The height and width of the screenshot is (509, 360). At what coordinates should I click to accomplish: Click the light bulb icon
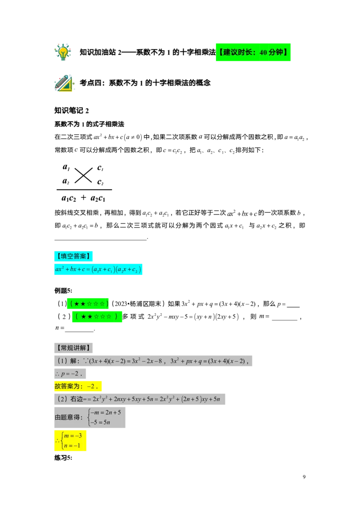pos(63,52)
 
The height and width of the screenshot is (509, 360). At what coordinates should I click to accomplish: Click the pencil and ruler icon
pos(64,83)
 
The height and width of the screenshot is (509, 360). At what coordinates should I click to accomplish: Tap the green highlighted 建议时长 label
pos(253,52)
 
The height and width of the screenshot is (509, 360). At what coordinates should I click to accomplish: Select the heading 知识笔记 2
pos(72,111)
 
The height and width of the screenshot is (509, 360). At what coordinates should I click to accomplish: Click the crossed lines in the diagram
pos(83,175)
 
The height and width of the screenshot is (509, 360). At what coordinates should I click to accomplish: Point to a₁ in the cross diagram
pos(66,167)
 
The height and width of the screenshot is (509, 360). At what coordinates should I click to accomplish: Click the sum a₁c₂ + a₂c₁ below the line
pos(84,198)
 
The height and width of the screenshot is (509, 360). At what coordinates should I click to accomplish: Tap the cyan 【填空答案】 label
pos(73,256)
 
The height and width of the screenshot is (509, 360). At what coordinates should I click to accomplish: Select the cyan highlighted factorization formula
pos(98,269)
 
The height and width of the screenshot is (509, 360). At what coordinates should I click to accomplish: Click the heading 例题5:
pos(63,290)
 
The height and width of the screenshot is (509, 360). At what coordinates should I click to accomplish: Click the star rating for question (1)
pos(88,304)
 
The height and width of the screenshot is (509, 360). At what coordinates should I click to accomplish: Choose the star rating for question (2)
pos(97,317)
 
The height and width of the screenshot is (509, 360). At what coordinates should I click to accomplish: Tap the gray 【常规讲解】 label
pos(73,348)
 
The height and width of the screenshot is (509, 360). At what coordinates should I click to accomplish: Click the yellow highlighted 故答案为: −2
pos(78,386)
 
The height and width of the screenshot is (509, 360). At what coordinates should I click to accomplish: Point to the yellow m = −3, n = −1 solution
pos(70,441)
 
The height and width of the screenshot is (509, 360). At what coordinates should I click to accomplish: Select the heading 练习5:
pos(63,458)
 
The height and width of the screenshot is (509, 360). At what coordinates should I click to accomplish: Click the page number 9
pos(304,477)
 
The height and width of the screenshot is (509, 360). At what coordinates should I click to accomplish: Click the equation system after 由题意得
pos(104,417)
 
